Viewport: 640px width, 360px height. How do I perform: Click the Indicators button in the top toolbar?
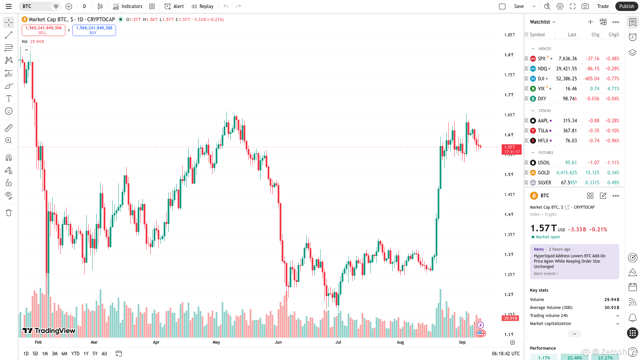(x=128, y=6)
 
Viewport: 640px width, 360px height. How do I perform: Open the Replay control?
(x=202, y=6)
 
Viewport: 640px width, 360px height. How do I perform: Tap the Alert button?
(x=174, y=6)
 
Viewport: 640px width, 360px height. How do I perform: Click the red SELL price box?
(x=43, y=30)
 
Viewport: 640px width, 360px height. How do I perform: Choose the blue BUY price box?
(x=94, y=30)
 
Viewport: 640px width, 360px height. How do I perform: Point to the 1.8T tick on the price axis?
(x=509, y=55)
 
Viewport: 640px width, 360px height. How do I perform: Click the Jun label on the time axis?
(x=278, y=342)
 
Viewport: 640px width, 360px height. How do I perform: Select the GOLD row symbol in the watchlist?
(x=543, y=173)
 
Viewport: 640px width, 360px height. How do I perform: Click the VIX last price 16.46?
(x=571, y=89)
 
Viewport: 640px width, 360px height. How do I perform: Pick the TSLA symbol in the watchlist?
(x=543, y=131)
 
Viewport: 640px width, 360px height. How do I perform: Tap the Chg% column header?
(x=614, y=35)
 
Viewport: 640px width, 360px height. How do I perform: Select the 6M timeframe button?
(x=64, y=354)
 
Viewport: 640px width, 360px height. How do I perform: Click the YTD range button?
(x=75, y=354)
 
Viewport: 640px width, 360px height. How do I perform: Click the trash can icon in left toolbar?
(x=9, y=213)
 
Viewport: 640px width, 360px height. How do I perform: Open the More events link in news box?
(x=546, y=274)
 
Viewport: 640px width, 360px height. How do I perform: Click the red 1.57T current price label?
(x=511, y=149)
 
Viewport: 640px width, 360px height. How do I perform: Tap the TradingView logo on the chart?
(x=49, y=331)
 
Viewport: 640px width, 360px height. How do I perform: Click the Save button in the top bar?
(x=519, y=6)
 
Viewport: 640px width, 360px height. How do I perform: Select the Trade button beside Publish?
(x=603, y=6)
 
